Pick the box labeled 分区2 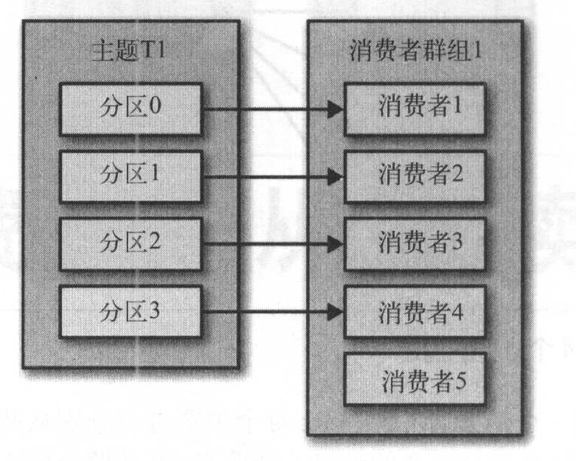click(x=131, y=243)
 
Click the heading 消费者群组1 click(x=416, y=51)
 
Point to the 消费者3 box click(x=415, y=243)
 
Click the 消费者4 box click(x=415, y=312)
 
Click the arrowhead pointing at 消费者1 click(x=335, y=109)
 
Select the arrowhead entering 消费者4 click(x=335, y=312)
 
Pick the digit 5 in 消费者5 click(x=461, y=382)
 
